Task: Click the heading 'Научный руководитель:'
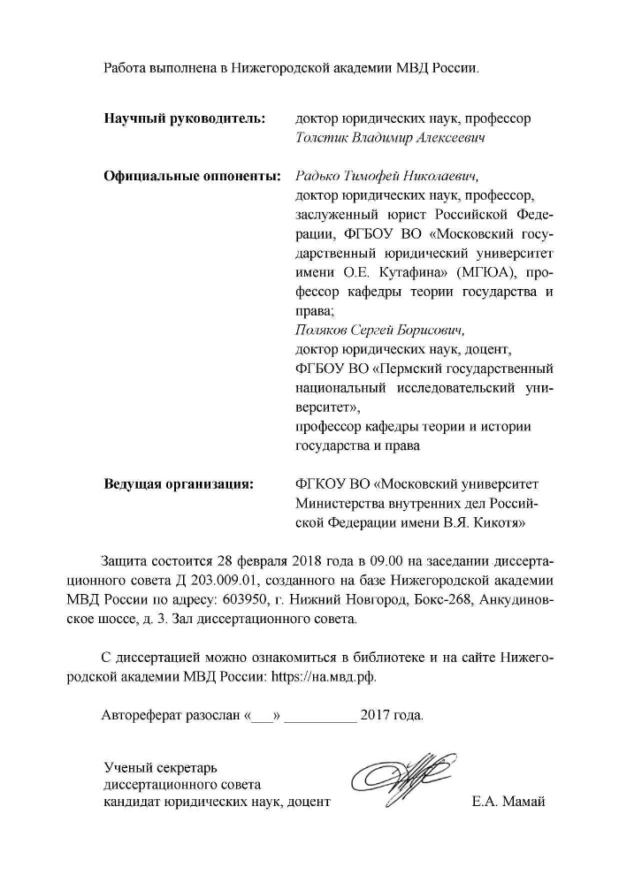184,118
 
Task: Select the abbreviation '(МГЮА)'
486,272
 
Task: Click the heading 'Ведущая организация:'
178,484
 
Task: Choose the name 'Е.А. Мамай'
510,802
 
